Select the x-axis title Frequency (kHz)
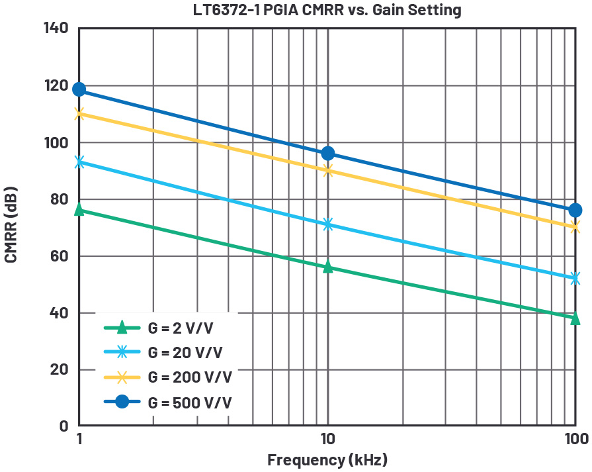point(327,459)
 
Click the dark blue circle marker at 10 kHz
point(327,154)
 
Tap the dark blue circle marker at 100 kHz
point(575,210)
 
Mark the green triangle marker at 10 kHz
point(327,266)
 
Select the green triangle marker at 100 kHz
point(575,318)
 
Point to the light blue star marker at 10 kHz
point(327,224)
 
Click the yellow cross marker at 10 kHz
point(327,170)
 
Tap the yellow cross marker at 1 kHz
point(79,113)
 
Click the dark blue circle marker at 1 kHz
point(79,89)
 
